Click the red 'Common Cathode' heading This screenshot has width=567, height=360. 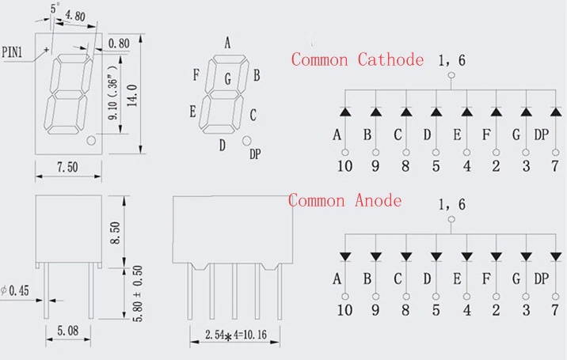coord(357,59)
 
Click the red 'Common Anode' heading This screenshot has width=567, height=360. coord(344,200)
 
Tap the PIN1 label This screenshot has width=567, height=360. coord(17,52)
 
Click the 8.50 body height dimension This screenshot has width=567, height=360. coord(117,235)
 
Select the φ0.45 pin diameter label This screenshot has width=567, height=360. coord(17,291)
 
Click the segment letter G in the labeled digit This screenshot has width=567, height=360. coord(227,78)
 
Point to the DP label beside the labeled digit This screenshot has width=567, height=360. coord(255,154)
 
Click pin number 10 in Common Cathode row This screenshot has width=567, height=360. coord(344,166)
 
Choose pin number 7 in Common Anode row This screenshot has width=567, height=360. coord(526,311)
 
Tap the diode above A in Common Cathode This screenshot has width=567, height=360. coord(345,112)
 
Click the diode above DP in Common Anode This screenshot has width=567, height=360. coord(526,256)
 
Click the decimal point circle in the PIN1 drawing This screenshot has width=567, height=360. coord(92,141)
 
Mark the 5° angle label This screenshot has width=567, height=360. coord(55,7)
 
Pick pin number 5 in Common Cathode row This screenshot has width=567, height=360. coord(435,166)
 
